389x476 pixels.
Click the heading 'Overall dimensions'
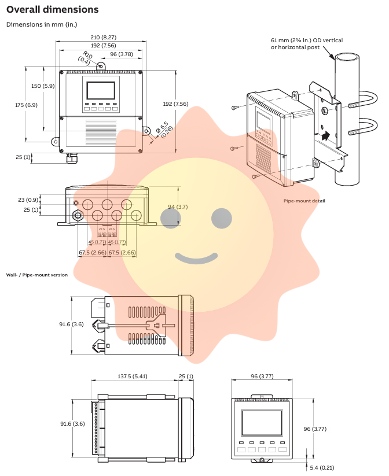click(x=52, y=10)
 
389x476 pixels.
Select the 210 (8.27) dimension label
click(x=101, y=36)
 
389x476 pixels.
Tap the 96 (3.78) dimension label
click(x=122, y=54)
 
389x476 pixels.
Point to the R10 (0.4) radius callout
click(x=85, y=58)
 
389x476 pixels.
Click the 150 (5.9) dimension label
click(x=43, y=86)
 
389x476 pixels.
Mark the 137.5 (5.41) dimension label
click(x=133, y=377)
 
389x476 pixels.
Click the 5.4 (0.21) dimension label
click(x=322, y=467)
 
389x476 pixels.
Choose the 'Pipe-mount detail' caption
click(x=304, y=201)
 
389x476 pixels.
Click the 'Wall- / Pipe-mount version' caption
click(x=36, y=275)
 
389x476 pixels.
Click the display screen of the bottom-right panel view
click(x=262, y=423)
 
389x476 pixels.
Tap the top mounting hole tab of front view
click(x=101, y=66)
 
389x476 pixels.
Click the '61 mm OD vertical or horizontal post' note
click(x=307, y=43)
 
